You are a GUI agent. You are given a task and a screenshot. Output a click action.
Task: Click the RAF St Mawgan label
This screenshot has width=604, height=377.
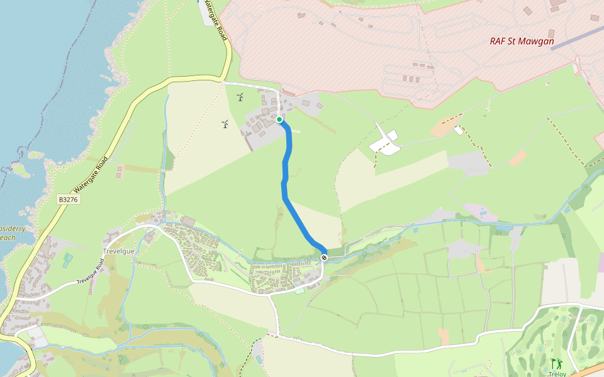click(522, 42)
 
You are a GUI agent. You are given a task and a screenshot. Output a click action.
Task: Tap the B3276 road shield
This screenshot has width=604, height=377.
click(67, 199)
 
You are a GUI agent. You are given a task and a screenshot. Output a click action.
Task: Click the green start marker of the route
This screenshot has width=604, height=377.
click(279, 119)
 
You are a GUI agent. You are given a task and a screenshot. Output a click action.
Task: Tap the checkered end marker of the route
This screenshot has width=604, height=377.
click(325, 258)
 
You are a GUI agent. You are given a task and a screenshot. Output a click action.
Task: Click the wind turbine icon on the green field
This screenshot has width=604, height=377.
click(240, 97)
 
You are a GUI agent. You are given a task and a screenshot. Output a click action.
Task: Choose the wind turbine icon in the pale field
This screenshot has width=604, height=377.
click(225, 124)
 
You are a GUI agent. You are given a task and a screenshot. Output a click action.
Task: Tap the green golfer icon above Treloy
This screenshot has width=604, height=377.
click(556, 363)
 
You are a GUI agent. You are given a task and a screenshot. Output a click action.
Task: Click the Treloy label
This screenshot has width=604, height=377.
click(557, 374)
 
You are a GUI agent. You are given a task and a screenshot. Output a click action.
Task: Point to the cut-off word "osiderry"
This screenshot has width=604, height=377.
click(13, 229)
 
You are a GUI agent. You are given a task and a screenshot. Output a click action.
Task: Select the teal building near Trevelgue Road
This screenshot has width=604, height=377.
click(67, 259)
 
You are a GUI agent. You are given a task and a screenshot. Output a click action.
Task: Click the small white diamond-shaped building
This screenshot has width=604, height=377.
click(459, 131)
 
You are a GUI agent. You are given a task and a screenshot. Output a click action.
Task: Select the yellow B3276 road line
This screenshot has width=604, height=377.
click(126, 126)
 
